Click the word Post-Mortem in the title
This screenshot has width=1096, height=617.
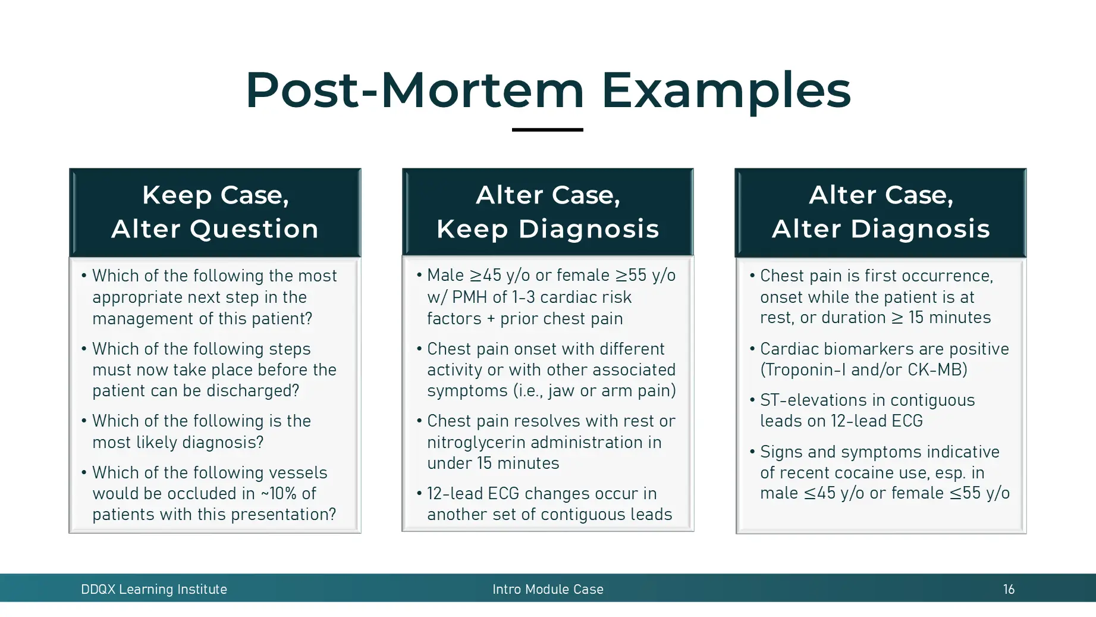tap(414, 90)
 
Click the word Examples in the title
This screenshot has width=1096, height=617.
tap(726, 90)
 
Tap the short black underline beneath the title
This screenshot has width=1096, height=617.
tap(547, 129)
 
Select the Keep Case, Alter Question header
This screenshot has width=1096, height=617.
tap(215, 212)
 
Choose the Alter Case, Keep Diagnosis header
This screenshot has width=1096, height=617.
tap(548, 212)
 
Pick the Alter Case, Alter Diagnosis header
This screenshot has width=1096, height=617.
tap(881, 212)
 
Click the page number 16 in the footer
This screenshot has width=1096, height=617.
tap(1009, 589)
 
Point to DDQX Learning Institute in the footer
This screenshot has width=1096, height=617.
tap(154, 589)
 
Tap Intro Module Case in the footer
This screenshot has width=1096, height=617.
tap(548, 589)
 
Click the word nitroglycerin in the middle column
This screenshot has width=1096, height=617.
tap(476, 442)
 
